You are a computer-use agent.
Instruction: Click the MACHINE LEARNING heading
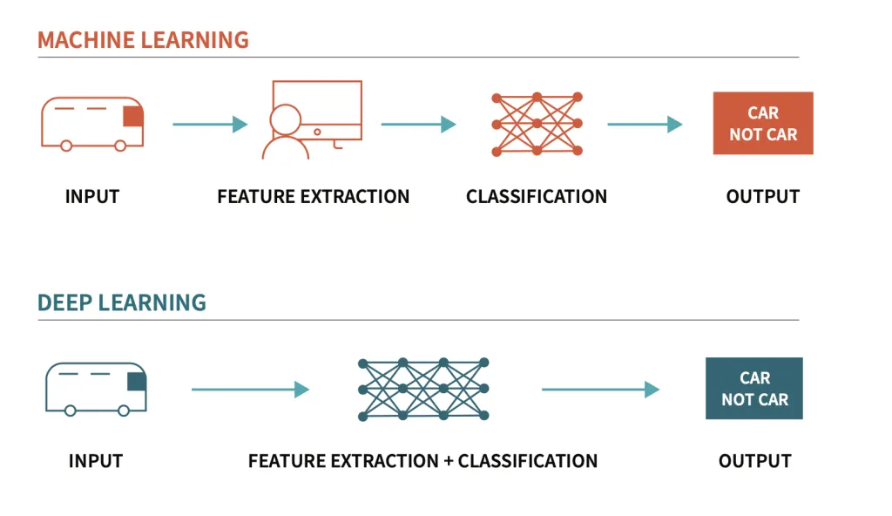(143, 40)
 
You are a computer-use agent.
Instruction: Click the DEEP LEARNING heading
(122, 303)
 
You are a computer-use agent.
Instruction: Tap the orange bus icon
(92, 123)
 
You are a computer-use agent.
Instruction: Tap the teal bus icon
(96, 388)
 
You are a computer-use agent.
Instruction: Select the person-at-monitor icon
(312, 120)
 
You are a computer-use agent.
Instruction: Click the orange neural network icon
(537, 124)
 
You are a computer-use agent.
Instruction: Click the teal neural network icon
(423, 389)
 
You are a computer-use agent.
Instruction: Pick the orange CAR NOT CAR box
(763, 124)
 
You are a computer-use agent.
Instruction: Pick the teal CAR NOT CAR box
(754, 389)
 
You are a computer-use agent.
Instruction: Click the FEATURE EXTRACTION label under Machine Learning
(314, 197)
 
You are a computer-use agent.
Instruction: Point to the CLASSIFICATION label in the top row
(537, 197)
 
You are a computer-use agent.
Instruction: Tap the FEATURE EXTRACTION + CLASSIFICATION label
(423, 461)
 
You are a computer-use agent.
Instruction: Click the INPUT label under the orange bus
(92, 197)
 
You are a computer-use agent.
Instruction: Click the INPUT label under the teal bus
(96, 461)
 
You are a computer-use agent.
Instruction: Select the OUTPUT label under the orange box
(763, 197)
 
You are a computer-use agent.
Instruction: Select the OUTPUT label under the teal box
(754, 461)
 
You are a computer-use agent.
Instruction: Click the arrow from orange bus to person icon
(210, 125)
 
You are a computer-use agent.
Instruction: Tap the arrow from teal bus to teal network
(251, 390)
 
